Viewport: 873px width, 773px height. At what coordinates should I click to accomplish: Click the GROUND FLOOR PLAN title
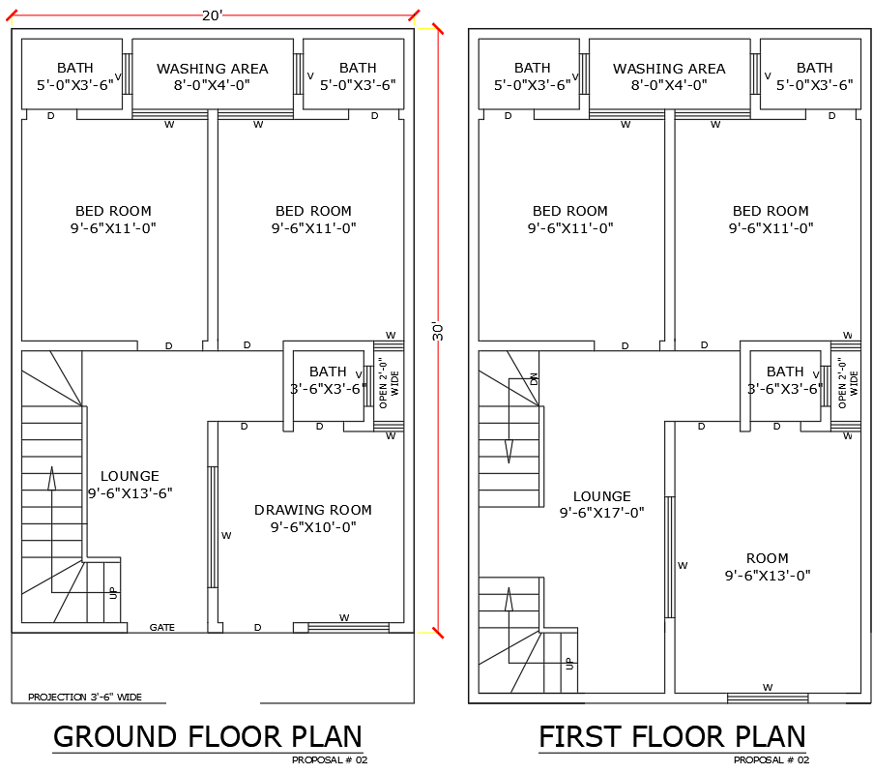click(x=207, y=736)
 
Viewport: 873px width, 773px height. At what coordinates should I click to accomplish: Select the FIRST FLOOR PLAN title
click(x=672, y=736)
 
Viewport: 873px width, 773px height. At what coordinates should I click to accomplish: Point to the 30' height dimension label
click(x=438, y=331)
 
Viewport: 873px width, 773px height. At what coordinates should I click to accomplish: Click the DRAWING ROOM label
click(x=312, y=519)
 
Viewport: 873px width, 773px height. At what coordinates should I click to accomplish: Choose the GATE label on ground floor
click(x=161, y=628)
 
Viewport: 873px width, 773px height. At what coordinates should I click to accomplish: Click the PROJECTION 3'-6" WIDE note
click(x=84, y=697)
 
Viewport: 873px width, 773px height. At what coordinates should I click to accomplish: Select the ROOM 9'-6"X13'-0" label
click(x=767, y=567)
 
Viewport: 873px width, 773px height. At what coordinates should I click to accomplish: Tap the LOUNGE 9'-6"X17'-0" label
click(x=601, y=505)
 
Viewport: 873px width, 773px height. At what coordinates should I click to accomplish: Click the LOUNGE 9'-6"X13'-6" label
click(x=130, y=485)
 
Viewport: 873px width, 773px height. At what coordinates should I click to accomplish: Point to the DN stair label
click(x=533, y=379)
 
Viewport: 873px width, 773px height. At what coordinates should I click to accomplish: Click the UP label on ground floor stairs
click(x=112, y=591)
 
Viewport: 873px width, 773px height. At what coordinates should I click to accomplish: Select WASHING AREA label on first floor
click(x=669, y=76)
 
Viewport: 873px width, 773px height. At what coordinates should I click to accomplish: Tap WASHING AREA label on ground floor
click(x=212, y=76)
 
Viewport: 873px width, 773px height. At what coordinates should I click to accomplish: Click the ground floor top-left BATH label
click(x=74, y=76)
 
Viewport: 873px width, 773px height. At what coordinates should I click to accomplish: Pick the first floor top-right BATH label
click(x=814, y=76)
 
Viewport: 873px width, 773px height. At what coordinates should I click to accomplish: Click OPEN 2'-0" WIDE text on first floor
click(x=847, y=382)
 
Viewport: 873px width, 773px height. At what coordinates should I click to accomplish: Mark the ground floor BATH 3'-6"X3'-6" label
click(x=328, y=380)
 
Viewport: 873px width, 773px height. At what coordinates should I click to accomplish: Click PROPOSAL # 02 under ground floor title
click(x=330, y=760)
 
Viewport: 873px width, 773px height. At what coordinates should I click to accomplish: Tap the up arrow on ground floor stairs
click(x=51, y=478)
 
